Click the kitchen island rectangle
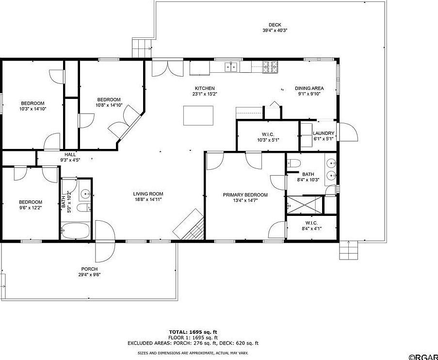[x=198, y=115]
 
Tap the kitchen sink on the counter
[x=231, y=67]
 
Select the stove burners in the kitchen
[x=270, y=67]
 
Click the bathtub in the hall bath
[x=76, y=231]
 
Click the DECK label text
[x=275, y=25]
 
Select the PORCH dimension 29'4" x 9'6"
[x=89, y=274]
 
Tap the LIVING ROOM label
[x=148, y=194]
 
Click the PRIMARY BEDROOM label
[x=252, y=195]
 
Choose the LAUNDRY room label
[x=324, y=133]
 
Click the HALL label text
[x=70, y=154]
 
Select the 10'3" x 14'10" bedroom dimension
[x=32, y=109]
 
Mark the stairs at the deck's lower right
[x=349, y=250]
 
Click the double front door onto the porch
[x=104, y=240]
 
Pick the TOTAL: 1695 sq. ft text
[x=193, y=332]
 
